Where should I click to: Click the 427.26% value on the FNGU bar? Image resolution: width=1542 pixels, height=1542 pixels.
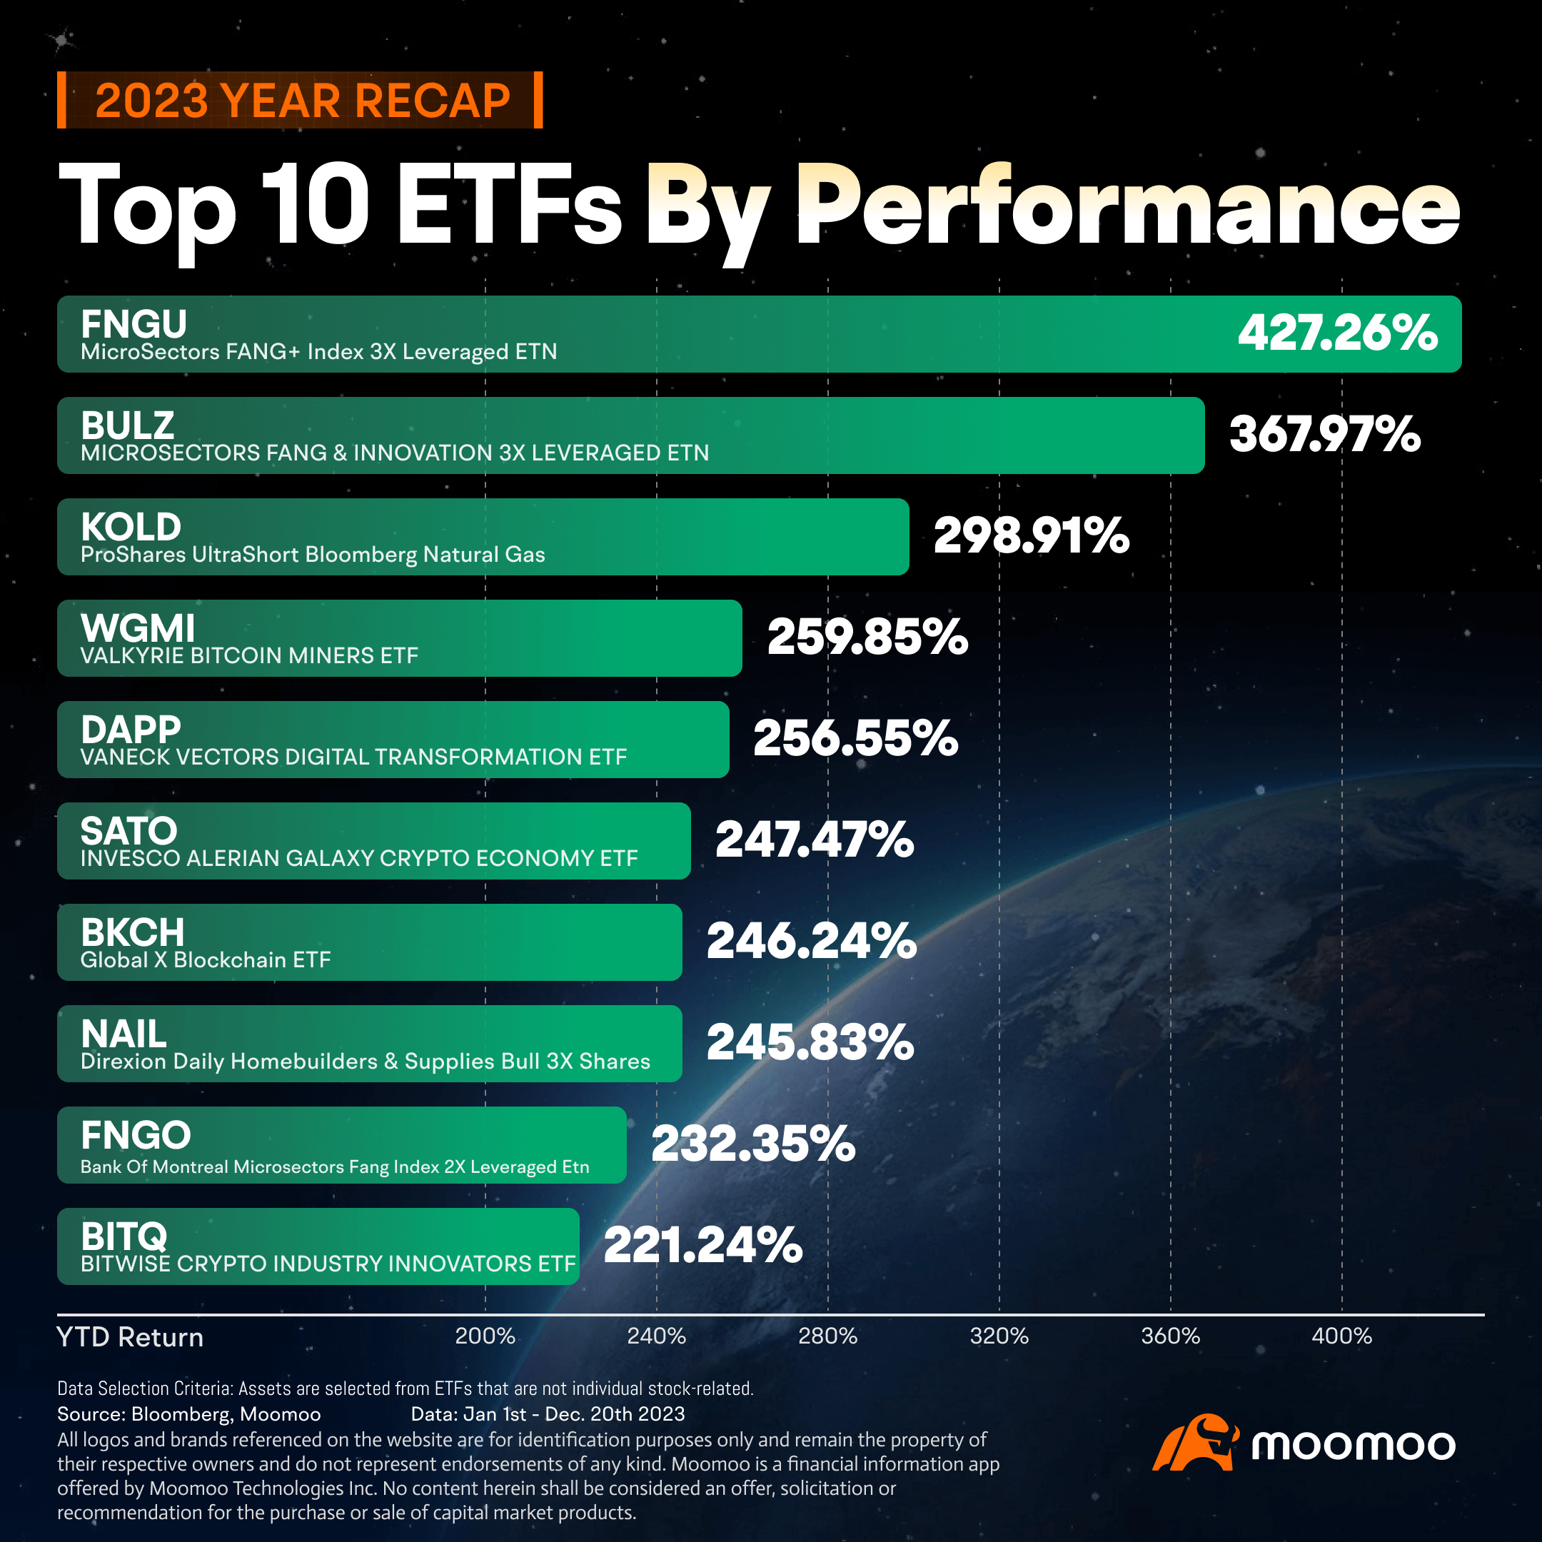click(x=1337, y=333)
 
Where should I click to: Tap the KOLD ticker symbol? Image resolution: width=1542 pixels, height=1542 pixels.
click(x=131, y=528)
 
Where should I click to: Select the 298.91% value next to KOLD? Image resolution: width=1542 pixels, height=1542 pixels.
click(x=1031, y=535)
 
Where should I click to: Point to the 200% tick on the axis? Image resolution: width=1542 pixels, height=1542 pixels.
click(x=485, y=1336)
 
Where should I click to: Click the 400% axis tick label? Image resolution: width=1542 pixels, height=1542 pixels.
click(x=1341, y=1336)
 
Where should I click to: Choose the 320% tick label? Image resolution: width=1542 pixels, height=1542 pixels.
click(x=999, y=1336)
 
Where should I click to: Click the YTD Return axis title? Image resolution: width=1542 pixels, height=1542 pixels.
click(x=130, y=1337)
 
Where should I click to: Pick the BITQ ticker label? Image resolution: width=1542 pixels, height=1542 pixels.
click(x=124, y=1236)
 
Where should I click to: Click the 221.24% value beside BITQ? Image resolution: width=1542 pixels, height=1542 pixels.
click(x=702, y=1245)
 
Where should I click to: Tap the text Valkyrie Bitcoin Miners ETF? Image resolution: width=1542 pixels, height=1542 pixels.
click(x=249, y=655)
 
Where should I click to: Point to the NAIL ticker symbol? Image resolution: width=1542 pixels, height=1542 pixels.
click(x=124, y=1034)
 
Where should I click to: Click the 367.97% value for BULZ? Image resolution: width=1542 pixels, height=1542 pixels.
click(x=1324, y=434)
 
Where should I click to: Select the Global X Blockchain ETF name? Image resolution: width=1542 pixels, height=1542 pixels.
click(x=205, y=959)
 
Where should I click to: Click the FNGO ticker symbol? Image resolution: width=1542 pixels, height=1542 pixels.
click(x=136, y=1135)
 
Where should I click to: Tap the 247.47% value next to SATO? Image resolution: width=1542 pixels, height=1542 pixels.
click(x=814, y=840)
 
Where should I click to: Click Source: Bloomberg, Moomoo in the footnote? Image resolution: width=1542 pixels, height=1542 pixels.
click(x=188, y=1414)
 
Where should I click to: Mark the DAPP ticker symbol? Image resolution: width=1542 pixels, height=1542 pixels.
click(x=131, y=730)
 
